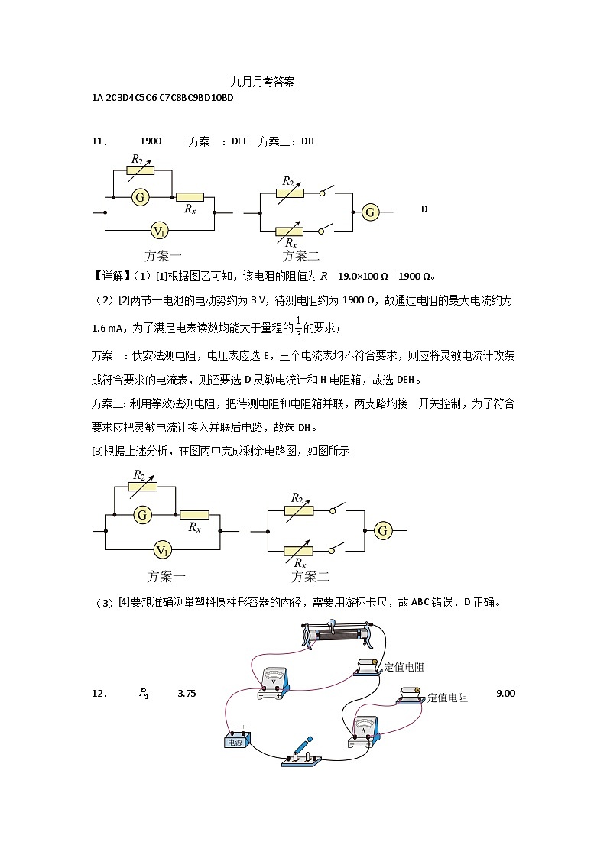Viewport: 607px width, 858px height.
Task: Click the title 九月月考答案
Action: coord(262,81)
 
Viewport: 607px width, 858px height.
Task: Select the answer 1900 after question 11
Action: coord(151,141)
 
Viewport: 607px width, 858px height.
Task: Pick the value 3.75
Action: coord(187,694)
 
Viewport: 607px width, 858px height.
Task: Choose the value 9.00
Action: coord(506,693)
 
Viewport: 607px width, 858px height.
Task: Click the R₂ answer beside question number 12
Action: coord(143,694)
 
